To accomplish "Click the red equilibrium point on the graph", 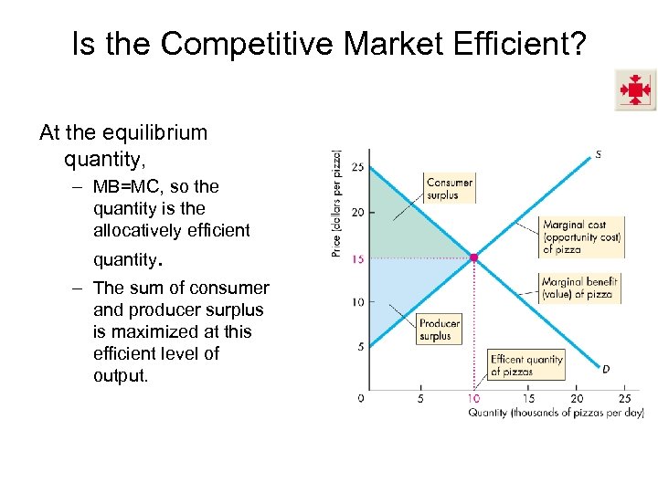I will click(x=473, y=258).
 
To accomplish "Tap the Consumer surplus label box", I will click(x=450, y=188).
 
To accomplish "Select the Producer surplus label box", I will click(x=440, y=330).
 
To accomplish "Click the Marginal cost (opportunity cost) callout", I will click(x=581, y=236).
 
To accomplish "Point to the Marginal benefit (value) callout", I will click(x=579, y=288).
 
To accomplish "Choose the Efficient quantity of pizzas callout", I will click(x=526, y=365).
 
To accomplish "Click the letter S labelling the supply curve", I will click(x=598, y=154).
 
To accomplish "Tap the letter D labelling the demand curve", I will click(x=606, y=368).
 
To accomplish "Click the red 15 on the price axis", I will click(x=358, y=259).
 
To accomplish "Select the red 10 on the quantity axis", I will click(x=473, y=398).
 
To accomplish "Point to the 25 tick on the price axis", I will click(x=357, y=168).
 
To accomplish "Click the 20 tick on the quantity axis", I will click(x=577, y=398).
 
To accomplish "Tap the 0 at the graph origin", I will click(x=361, y=398).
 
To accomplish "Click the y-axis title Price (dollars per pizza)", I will click(x=336, y=203).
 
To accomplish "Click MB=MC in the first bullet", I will click(x=126, y=186).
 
